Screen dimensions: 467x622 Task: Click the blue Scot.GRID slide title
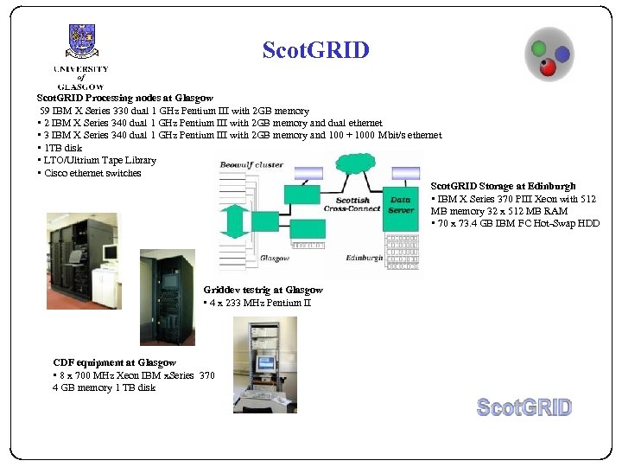tap(315, 50)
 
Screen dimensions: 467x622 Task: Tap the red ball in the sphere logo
tap(548, 68)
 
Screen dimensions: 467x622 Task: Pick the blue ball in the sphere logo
tap(562, 54)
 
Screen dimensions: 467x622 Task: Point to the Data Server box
tap(401, 204)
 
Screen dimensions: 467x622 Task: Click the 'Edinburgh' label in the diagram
tap(364, 258)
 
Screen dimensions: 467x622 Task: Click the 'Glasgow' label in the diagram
tap(275, 258)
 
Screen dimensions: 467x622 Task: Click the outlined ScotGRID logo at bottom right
tap(524, 407)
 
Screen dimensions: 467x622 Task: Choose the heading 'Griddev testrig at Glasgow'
tap(263, 290)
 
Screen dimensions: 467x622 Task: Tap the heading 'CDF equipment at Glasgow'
tap(114, 362)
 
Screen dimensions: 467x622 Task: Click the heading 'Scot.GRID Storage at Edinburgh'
tap(503, 186)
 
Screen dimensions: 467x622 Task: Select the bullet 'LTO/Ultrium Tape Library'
tap(98, 160)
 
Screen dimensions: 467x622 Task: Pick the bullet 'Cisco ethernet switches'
tap(90, 173)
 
